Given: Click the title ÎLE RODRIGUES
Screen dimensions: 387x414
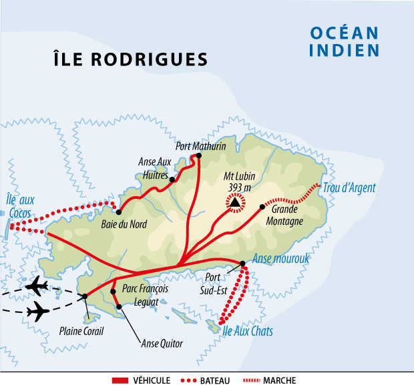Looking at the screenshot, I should (130, 59).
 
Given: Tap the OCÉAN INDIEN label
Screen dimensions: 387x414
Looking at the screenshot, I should (345, 41).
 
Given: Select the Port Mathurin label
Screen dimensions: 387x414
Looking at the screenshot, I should (200, 145).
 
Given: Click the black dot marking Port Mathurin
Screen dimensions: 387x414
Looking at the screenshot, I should (198, 156).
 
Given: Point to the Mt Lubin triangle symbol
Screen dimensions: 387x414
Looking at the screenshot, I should (234, 202).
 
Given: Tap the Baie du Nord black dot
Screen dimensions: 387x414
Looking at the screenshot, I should (119, 212).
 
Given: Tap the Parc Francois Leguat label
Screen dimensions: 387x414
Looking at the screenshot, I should (145, 294).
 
